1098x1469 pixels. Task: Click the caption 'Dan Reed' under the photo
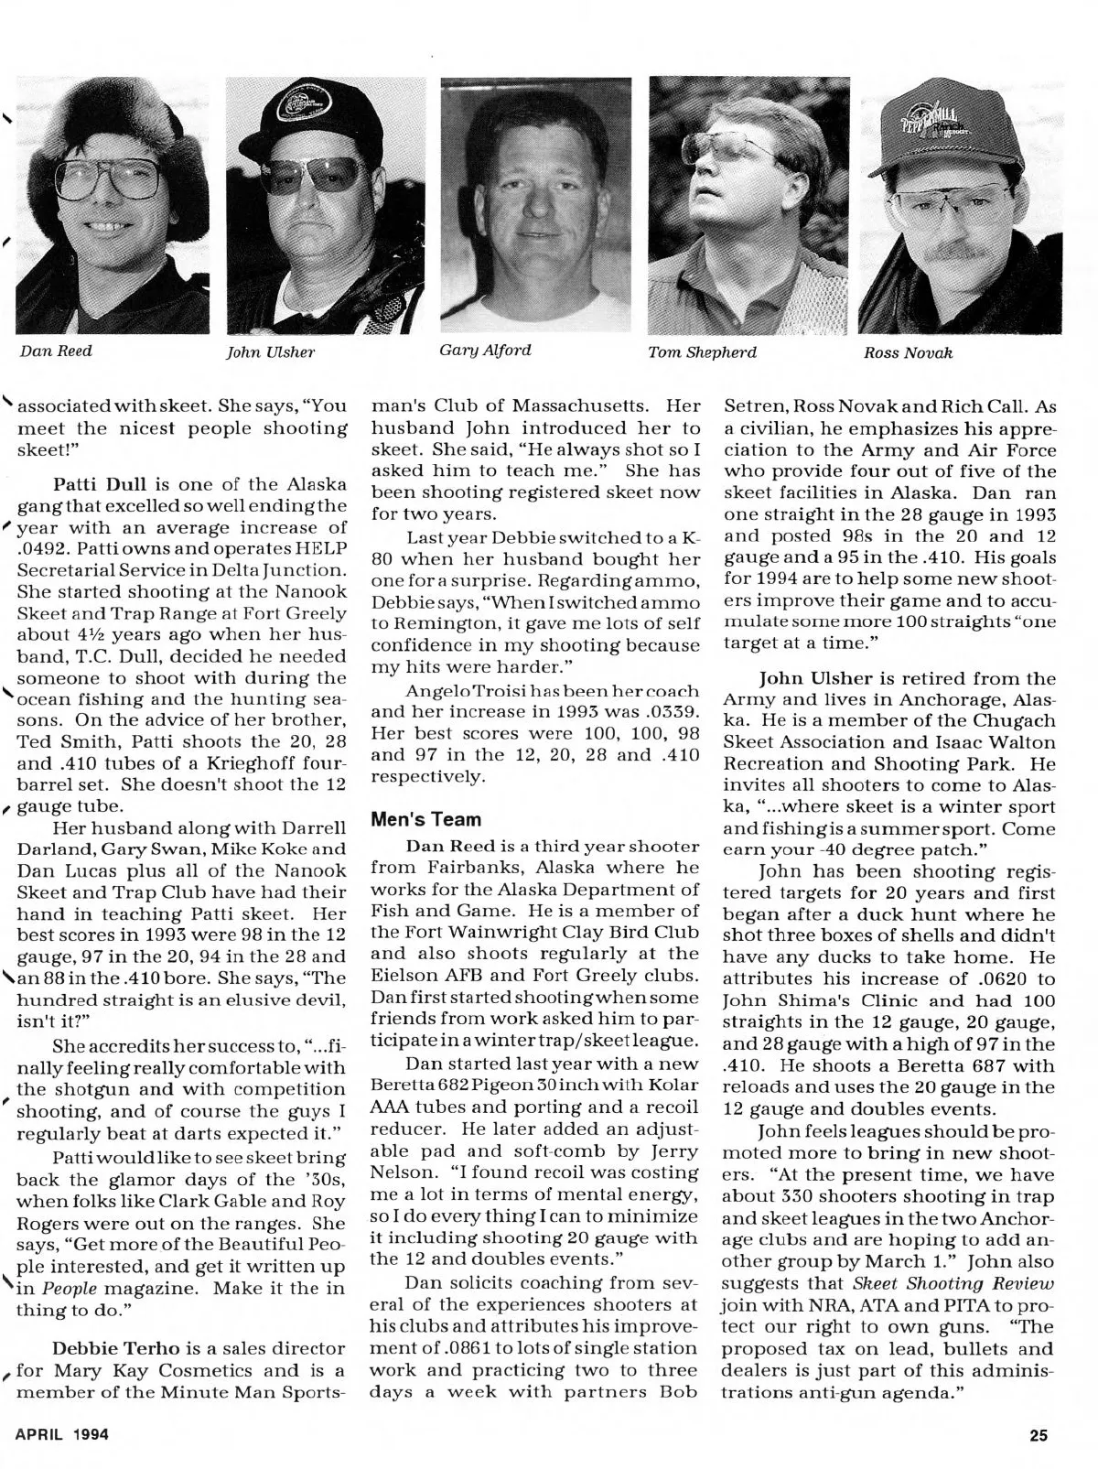click(57, 351)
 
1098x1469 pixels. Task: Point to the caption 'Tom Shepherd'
click(702, 351)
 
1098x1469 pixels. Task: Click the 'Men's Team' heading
click(413, 820)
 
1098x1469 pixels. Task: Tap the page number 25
click(1038, 1435)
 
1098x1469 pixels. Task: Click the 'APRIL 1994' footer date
click(62, 1434)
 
